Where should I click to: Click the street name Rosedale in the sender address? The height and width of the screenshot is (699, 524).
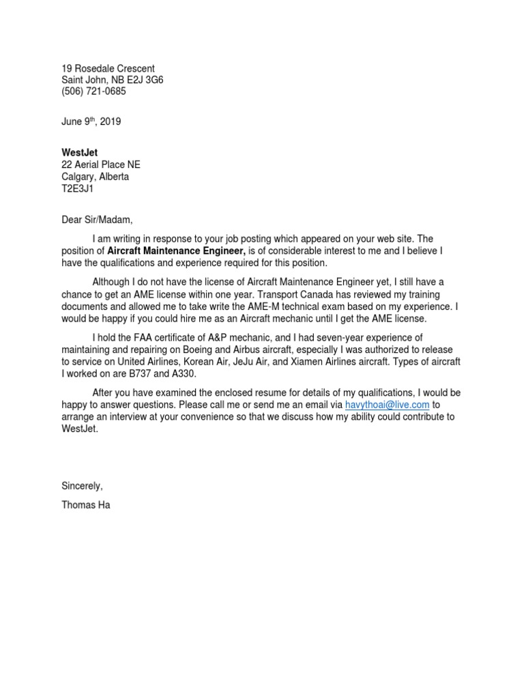(96, 69)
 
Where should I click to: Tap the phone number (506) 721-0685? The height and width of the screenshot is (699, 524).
(93, 91)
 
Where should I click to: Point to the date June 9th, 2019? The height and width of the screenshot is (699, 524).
(91, 122)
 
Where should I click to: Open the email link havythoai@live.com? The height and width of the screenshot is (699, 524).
(388, 405)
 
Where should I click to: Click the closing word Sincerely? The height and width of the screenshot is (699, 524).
(82, 486)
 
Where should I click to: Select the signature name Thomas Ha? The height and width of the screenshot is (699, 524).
(85, 506)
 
